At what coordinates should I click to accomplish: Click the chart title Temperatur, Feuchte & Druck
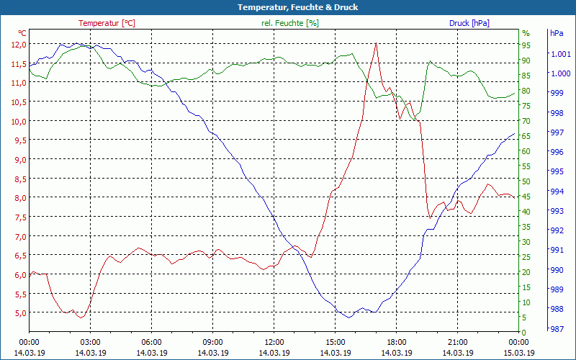pos(287,7)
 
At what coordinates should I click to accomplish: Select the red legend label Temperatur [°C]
pos(107,23)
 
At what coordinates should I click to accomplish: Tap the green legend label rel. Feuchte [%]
pos(289,23)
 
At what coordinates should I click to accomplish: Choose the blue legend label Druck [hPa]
pos(469,23)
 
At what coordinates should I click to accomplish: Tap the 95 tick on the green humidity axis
pos(526,45)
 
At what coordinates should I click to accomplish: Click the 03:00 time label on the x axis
pos(90,342)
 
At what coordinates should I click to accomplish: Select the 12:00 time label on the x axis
pos(274,342)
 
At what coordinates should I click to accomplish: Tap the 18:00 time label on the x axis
pos(396,342)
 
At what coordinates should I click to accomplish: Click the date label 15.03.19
pos(518,353)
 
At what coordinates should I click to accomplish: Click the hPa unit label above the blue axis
pos(557,33)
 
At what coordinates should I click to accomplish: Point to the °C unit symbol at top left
pos(22,33)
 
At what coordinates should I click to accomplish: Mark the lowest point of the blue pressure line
pos(348,317)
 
